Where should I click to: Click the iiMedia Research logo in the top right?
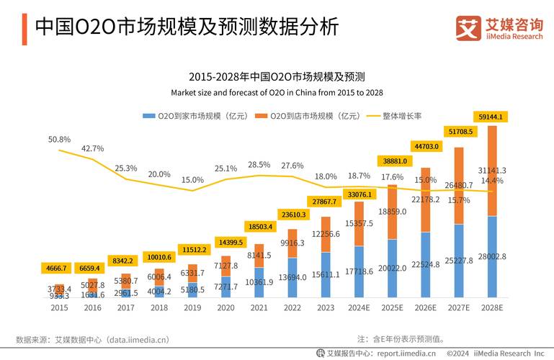point(499,28)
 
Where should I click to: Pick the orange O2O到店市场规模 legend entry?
point(310,115)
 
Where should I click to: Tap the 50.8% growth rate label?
point(59,139)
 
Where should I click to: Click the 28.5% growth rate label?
point(259,165)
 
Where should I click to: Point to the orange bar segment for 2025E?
point(392,212)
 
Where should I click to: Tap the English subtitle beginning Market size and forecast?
point(277,93)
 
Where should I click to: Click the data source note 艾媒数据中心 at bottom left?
point(92,339)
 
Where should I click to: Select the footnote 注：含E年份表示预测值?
point(401,338)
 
